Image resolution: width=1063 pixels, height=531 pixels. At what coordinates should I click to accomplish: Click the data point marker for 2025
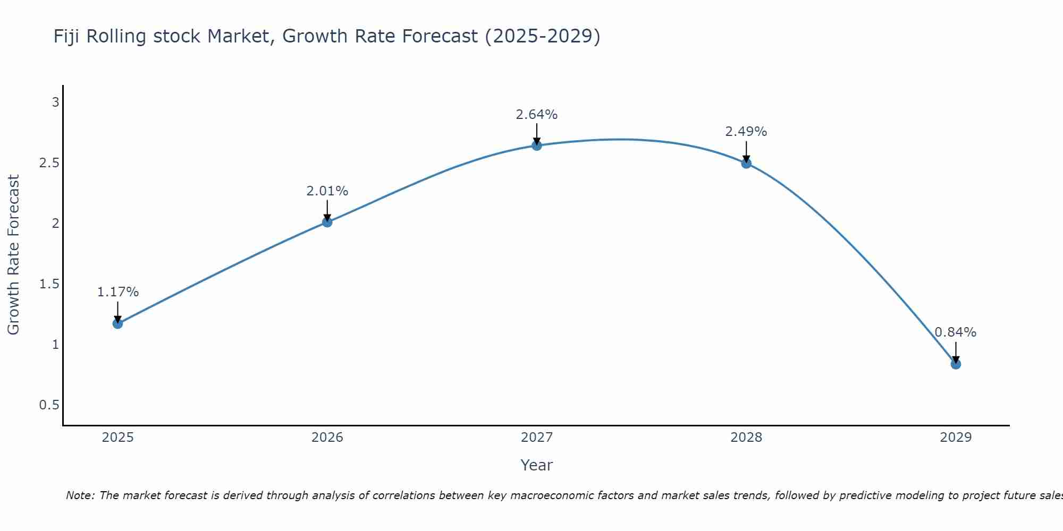point(117,323)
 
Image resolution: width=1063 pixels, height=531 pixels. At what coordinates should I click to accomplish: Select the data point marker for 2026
point(327,222)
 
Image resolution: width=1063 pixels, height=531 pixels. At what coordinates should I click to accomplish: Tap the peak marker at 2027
point(536,145)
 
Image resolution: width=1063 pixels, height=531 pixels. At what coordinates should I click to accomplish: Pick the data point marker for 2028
point(746,164)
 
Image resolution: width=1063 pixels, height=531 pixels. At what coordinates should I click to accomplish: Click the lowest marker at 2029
point(956,364)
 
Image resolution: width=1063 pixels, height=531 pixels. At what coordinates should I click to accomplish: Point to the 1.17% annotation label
point(117,292)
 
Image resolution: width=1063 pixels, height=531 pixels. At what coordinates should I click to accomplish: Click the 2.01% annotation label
point(327,191)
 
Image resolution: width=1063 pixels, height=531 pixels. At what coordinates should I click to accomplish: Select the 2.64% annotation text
point(536,115)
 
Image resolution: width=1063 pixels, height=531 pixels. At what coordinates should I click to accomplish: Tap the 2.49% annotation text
point(746,132)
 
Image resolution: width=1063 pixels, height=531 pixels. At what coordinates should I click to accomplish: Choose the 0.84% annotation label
point(956,332)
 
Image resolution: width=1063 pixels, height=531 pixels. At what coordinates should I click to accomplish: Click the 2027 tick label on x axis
point(536,438)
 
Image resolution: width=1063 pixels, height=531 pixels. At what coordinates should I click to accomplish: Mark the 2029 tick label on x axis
point(956,438)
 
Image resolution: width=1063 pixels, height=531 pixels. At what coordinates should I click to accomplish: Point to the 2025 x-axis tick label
point(117,438)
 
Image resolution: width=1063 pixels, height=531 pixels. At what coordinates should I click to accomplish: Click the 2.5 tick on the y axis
point(49,162)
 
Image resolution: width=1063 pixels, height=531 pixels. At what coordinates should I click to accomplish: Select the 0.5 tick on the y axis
point(49,405)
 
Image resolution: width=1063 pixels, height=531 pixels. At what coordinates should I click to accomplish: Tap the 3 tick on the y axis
point(55,102)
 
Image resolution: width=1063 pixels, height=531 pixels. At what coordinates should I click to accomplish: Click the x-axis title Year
point(536,465)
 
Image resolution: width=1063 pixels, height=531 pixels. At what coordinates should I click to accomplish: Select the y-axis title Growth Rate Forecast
point(13,255)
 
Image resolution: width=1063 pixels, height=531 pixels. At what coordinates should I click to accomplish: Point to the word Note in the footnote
point(80,495)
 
